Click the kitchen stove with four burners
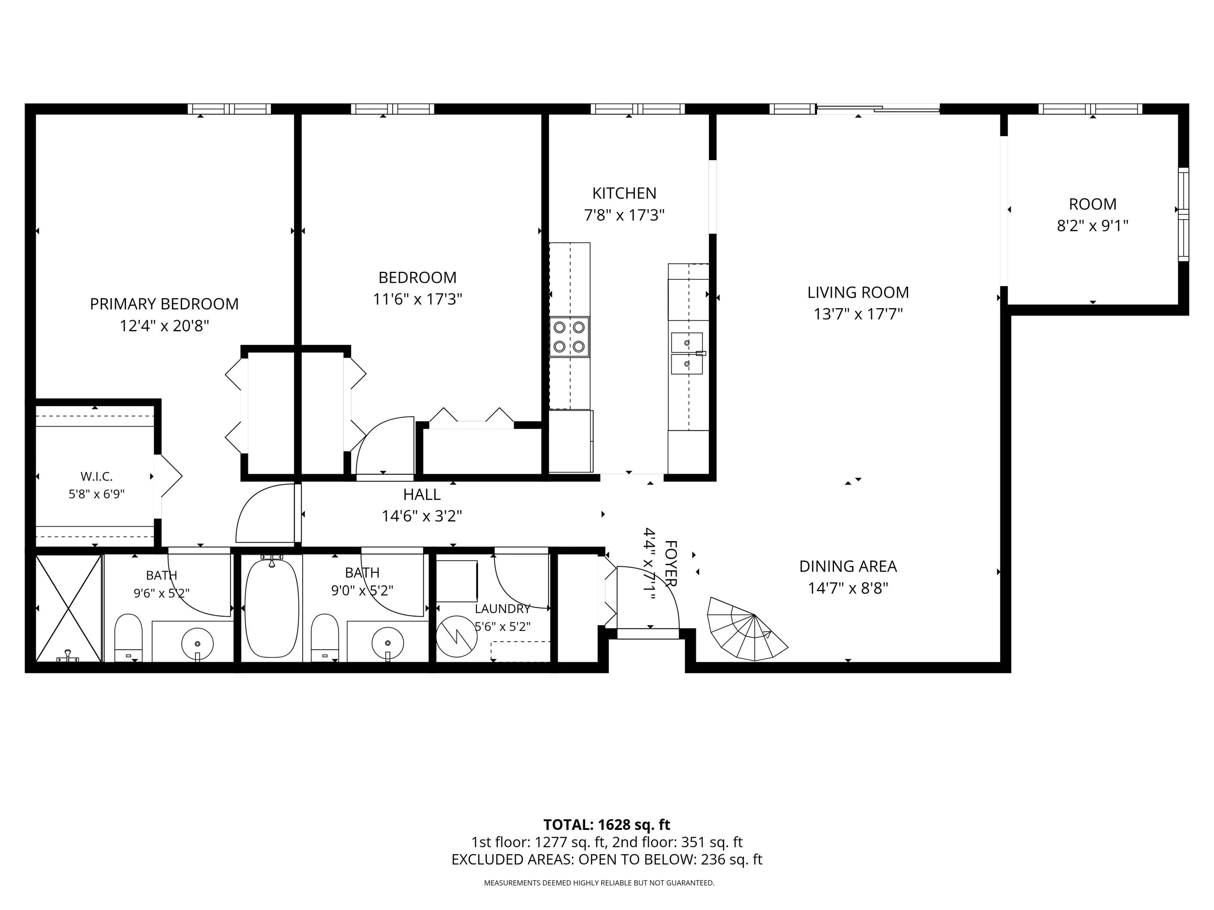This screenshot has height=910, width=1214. pyautogui.click(x=570, y=337)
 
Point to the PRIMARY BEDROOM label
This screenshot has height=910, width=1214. pyautogui.click(x=164, y=304)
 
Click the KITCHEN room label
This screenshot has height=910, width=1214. pyautogui.click(x=624, y=193)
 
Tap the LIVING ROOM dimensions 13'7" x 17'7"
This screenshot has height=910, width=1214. pyautogui.click(x=858, y=314)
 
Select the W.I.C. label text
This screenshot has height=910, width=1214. pyautogui.click(x=97, y=476)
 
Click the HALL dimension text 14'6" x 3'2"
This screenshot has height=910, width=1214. pyautogui.click(x=422, y=516)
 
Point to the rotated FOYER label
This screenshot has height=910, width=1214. pyautogui.click(x=671, y=563)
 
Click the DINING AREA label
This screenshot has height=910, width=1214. pyautogui.click(x=848, y=566)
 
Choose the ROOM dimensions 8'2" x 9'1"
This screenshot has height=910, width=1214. pyautogui.click(x=1093, y=225)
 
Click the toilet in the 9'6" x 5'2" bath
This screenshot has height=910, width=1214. pyautogui.click(x=128, y=638)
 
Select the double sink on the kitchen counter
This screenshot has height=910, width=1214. pyautogui.click(x=687, y=353)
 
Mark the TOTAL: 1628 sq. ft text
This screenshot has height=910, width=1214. pyautogui.click(x=607, y=824)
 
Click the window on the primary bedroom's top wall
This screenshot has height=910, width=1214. pyautogui.click(x=229, y=109)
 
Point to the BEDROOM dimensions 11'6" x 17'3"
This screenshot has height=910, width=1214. pyautogui.click(x=418, y=299)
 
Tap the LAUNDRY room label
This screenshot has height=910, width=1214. pyautogui.click(x=503, y=608)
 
